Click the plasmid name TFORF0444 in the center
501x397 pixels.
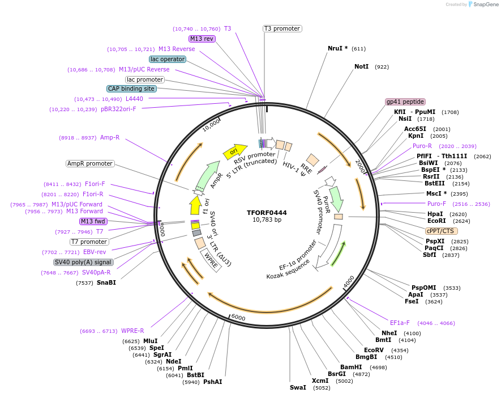[x=267, y=213]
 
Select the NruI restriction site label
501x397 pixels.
[x=335, y=48]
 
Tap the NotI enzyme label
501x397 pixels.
[x=361, y=66]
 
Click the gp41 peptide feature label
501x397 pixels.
[x=405, y=102]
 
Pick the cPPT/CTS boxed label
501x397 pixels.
[x=440, y=231]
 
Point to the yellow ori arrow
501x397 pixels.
[x=235, y=151]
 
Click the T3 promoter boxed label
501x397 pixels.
[x=282, y=28]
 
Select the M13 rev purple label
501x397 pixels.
[x=202, y=39]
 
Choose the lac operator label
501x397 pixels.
[x=168, y=59]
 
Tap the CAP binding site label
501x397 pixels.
[x=131, y=88]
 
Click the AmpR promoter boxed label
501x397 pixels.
[x=90, y=163]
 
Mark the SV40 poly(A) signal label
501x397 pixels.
[x=83, y=262]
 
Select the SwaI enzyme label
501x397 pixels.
[x=298, y=388]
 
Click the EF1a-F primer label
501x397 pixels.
[x=400, y=323]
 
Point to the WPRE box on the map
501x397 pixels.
[x=211, y=260]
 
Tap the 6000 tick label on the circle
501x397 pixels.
[x=238, y=318]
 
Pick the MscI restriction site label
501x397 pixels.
[x=434, y=194]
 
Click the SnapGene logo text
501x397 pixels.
[x=486, y=5]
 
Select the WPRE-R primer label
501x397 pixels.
[x=132, y=331]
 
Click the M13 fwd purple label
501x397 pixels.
[x=93, y=221]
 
